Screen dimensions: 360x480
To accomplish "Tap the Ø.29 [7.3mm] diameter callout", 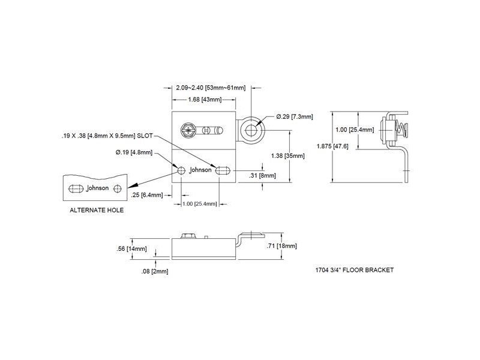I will tap(295, 116).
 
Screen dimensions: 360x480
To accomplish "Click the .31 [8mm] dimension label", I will tap(262, 175).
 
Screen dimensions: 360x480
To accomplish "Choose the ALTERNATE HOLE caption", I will tap(97, 211).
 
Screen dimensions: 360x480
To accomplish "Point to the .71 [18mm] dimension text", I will tap(282, 246).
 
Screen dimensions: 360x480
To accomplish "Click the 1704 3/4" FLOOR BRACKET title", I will tap(354, 270).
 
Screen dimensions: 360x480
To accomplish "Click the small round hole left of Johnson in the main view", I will tap(181, 170).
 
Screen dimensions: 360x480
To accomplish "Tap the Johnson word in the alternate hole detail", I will tap(98, 188).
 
